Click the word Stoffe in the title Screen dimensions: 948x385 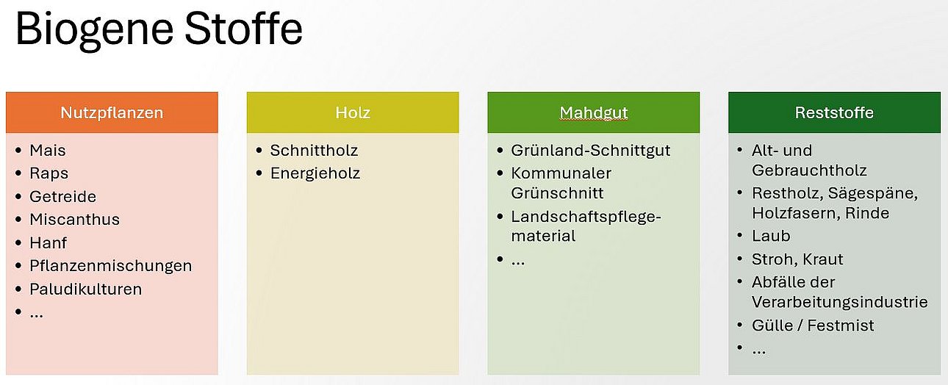coord(243,28)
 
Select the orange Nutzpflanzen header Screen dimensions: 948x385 coord(112,112)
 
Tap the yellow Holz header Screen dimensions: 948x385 coord(353,112)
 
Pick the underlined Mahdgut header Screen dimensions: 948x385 coord(593,112)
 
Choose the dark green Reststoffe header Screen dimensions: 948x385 coord(834,112)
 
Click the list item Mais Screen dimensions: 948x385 coord(47,150)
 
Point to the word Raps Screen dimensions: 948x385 coord(49,173)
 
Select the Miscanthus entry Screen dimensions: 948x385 coord(74,219)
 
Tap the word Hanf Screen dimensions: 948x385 coord(49,243)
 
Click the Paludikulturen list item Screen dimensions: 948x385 coord(85,289)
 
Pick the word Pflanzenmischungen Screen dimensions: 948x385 coord(110,266)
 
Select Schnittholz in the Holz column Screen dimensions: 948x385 coord(314,150)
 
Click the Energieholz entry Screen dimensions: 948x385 coord(315,173)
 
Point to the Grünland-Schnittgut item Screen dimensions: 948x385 coord(591,150)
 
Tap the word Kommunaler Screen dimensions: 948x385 coord(561,173)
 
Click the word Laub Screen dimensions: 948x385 coord(771,236)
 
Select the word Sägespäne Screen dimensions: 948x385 coord(872,193)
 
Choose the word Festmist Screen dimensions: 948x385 coord(841,325)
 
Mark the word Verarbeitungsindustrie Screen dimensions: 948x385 coord(840,302)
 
